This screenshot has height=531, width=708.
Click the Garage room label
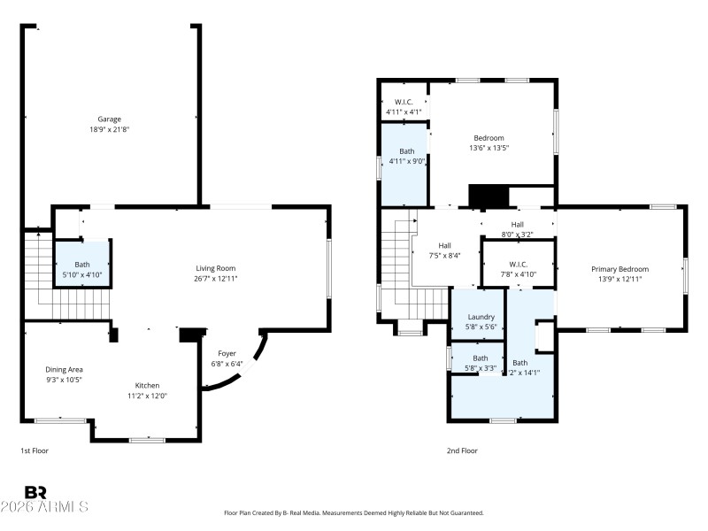coord(109,119)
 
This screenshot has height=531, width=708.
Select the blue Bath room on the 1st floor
coord(82,269)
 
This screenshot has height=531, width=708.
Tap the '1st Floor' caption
coord(35,450)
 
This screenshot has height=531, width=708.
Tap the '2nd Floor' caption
coord(462,450)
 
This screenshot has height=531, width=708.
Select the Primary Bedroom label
coord(620,269)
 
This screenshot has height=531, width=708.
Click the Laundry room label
coord(481,317)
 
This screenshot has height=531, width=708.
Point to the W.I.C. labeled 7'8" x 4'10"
coord(518,269)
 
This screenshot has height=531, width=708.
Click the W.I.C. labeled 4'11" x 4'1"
coord(404,107)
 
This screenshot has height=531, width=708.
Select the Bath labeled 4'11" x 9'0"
coord(406,156)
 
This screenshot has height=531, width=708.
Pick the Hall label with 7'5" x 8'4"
coord(445,250)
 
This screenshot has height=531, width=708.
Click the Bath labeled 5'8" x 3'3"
coord(480,362)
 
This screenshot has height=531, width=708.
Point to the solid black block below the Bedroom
coord(485,196)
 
